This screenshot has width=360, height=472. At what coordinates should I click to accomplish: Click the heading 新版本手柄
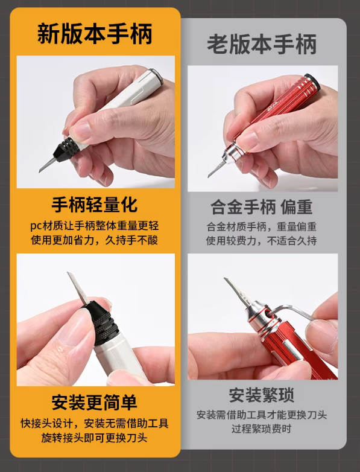pos(95,34)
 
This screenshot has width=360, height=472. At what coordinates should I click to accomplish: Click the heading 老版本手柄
pos(262,44)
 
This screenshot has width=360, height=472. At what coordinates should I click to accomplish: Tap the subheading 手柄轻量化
pos(95,205)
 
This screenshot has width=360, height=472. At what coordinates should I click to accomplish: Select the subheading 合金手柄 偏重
pos(262,207)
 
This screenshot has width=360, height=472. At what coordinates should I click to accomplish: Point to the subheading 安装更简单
pos(95,402)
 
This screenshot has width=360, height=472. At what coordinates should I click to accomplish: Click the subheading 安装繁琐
pos(262,395)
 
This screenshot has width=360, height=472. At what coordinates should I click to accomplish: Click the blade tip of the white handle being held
pos(40,171)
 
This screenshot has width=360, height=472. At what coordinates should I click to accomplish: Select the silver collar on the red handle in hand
pos(233,153)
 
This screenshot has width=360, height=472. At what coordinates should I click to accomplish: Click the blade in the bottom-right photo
pos(239,293)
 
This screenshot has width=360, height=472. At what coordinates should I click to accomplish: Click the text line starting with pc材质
pos(95,226)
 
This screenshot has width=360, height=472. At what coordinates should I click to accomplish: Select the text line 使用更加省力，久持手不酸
pos(95,240)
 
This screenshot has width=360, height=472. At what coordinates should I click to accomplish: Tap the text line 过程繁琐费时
pos(262,429)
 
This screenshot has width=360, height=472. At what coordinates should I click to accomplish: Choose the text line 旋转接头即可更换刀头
pos(95,438)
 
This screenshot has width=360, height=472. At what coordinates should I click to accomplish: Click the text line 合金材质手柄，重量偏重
pos(262,227)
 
